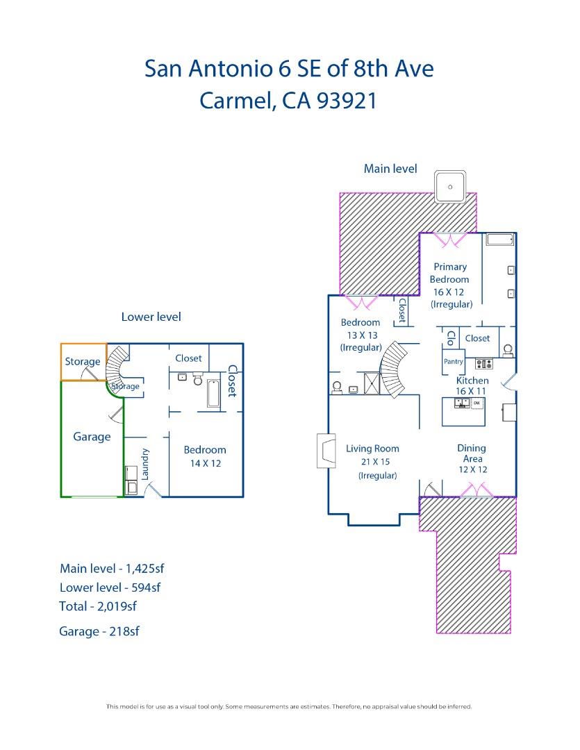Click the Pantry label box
coord(453,362)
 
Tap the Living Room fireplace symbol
coord(324,451)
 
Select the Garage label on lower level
coord(92,437)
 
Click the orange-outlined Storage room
coord(83,362)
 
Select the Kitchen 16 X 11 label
coord(472,386)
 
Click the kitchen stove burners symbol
coord(483,364)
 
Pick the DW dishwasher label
coord(477,403)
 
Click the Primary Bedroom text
coord(449,273)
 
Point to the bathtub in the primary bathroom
coord(499,240)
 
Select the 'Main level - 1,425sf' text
coord(112,569)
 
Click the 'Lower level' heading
coord(151,317)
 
